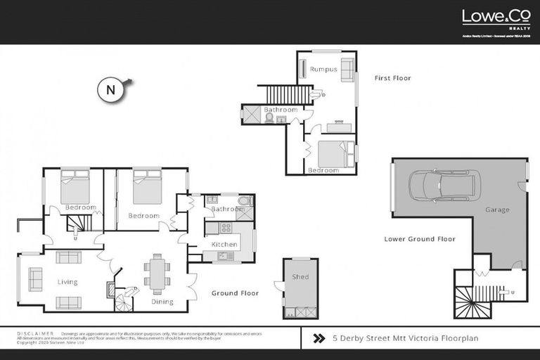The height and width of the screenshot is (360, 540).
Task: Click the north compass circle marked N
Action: (110, 90)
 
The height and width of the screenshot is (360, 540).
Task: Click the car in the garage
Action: (445, 186)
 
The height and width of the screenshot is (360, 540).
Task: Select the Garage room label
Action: (497, 210)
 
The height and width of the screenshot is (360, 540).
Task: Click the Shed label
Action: (300, 276)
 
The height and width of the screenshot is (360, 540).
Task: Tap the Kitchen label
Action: (224, 244)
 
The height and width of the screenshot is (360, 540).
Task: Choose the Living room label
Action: (67, 282)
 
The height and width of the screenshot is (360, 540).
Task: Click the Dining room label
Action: (162, 302)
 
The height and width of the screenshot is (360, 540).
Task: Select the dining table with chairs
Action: (157, 273)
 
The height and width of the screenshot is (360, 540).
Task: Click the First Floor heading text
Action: (393, 78)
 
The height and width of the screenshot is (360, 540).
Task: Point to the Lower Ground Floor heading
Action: (419, 239)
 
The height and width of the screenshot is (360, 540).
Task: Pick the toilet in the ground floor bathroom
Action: (243, 201)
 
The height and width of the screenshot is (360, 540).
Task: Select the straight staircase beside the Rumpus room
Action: (288, 94)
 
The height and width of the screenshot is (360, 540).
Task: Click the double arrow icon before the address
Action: (318, 338)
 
